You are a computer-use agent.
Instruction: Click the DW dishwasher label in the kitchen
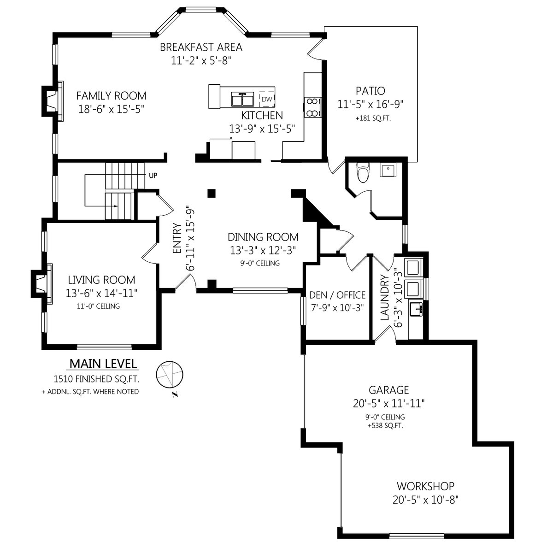[267, 99]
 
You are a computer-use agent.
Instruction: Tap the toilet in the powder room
[363, 172]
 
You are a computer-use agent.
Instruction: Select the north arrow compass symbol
[169, 375]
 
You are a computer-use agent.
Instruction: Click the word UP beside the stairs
[153, 175]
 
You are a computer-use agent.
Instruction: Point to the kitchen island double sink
[242, 100]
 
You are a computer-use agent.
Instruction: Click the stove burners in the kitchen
[312, 107]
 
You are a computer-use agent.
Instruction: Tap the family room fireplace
[53, 101]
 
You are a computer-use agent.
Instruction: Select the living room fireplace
[41, 284]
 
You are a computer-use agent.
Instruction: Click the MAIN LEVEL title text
[103, 364]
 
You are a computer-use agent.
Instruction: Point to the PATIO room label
[370, 91]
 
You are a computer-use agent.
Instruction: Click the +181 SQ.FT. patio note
[373, 118]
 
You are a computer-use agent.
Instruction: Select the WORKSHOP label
[426, 486]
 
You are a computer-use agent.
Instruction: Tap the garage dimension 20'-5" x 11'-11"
[388, 404]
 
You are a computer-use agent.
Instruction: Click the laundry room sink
[416, 309]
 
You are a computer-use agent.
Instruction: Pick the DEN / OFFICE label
[337, 295]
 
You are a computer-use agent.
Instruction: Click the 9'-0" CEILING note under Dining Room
[260, 263]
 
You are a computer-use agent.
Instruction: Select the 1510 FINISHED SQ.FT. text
[96, 379]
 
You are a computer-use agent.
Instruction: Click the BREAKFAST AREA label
[201, 47]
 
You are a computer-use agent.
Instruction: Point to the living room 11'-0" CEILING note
[99, 306]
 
